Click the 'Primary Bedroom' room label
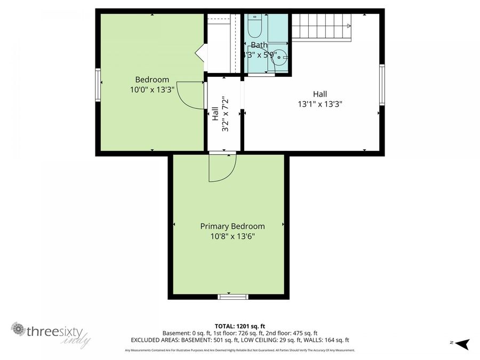pyautogui.click(x=232, y=226)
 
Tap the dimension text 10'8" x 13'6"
pyautogui.click(x=232, y=236)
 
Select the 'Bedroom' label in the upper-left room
pyautogui.click(x=152, y=79)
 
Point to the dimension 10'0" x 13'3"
pyautogui.click(x=152, y=90)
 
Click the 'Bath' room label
pyautogui.click(x=259, y=45)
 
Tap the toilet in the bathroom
pyautogui.click(x=254, y=26)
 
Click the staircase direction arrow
pyautogui.click(x=348, y=25)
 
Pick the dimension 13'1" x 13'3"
pyautogui.click(x=320, y=105)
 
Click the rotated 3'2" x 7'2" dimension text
pyautogui.click(x=225, y=114)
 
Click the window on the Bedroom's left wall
pyautogui.click(x=98, y=84)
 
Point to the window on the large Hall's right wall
pyautogui.click(x=382, y=84)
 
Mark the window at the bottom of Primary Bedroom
pyautogui.click(x=233, y=297)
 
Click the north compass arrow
pyautogui.click(x=462, y=343)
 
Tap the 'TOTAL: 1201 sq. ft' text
pyautogui.click(x=239, y=325)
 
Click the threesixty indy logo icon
pyautogui.click(x=19, y=329)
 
